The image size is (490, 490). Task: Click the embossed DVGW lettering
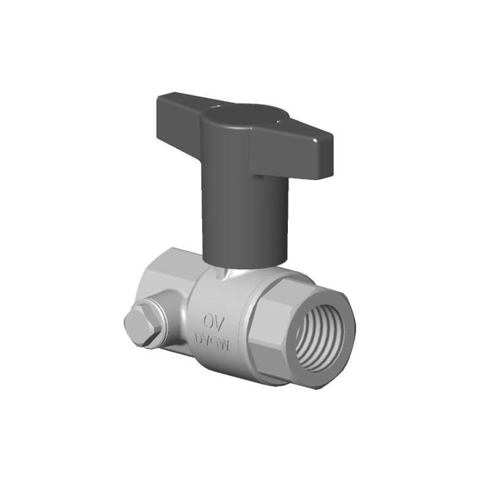coord(211,341)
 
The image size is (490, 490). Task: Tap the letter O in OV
coord(206,321)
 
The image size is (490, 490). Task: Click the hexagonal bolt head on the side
coord(141,327)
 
